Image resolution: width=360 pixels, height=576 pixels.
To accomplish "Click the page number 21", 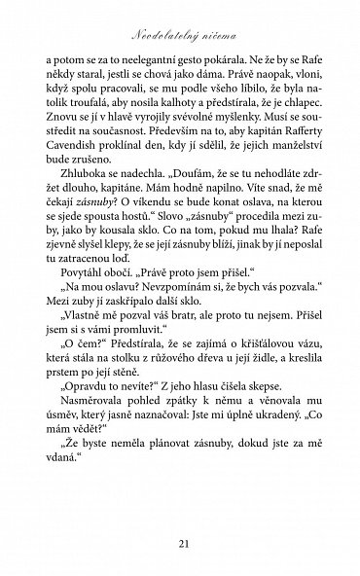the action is (180, 541).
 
